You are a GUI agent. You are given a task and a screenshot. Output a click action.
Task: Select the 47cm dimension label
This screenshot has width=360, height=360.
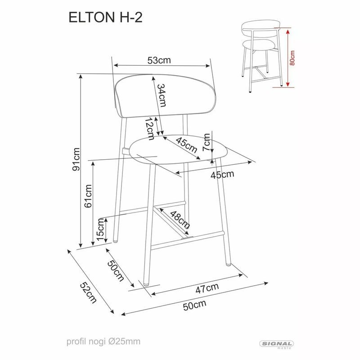point(208,287)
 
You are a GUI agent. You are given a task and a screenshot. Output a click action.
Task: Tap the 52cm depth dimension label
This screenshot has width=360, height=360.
point(88,292)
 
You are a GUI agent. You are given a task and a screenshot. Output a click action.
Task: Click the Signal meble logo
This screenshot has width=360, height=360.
point(277,345)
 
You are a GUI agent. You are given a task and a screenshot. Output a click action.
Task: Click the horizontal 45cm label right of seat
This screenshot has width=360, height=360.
point(223,174)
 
